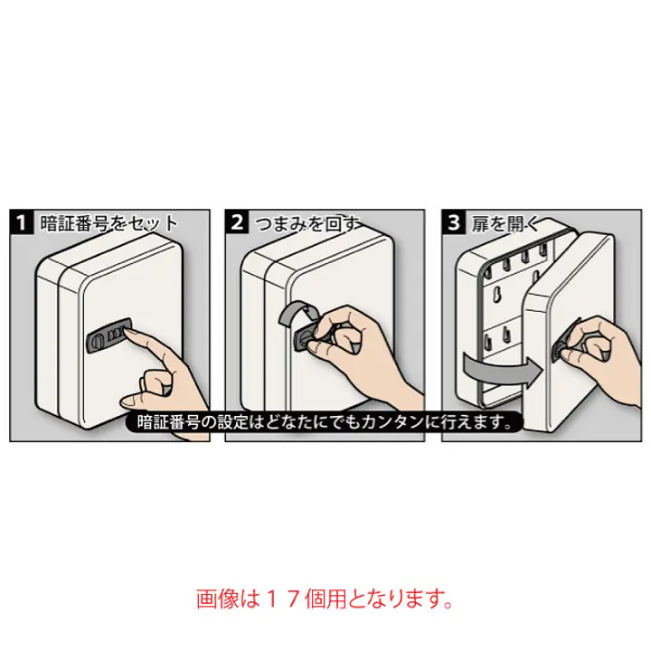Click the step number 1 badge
point(21,222)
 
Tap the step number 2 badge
point(237,222)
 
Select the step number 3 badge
point(454,222)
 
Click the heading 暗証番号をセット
point(109,223)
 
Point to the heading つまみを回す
point(307,224)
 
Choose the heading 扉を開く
point(505,224)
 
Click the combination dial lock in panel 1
point(108,335)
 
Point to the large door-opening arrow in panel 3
point(504,369)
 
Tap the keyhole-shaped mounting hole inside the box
point(496,296)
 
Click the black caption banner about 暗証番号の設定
point(324,422)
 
